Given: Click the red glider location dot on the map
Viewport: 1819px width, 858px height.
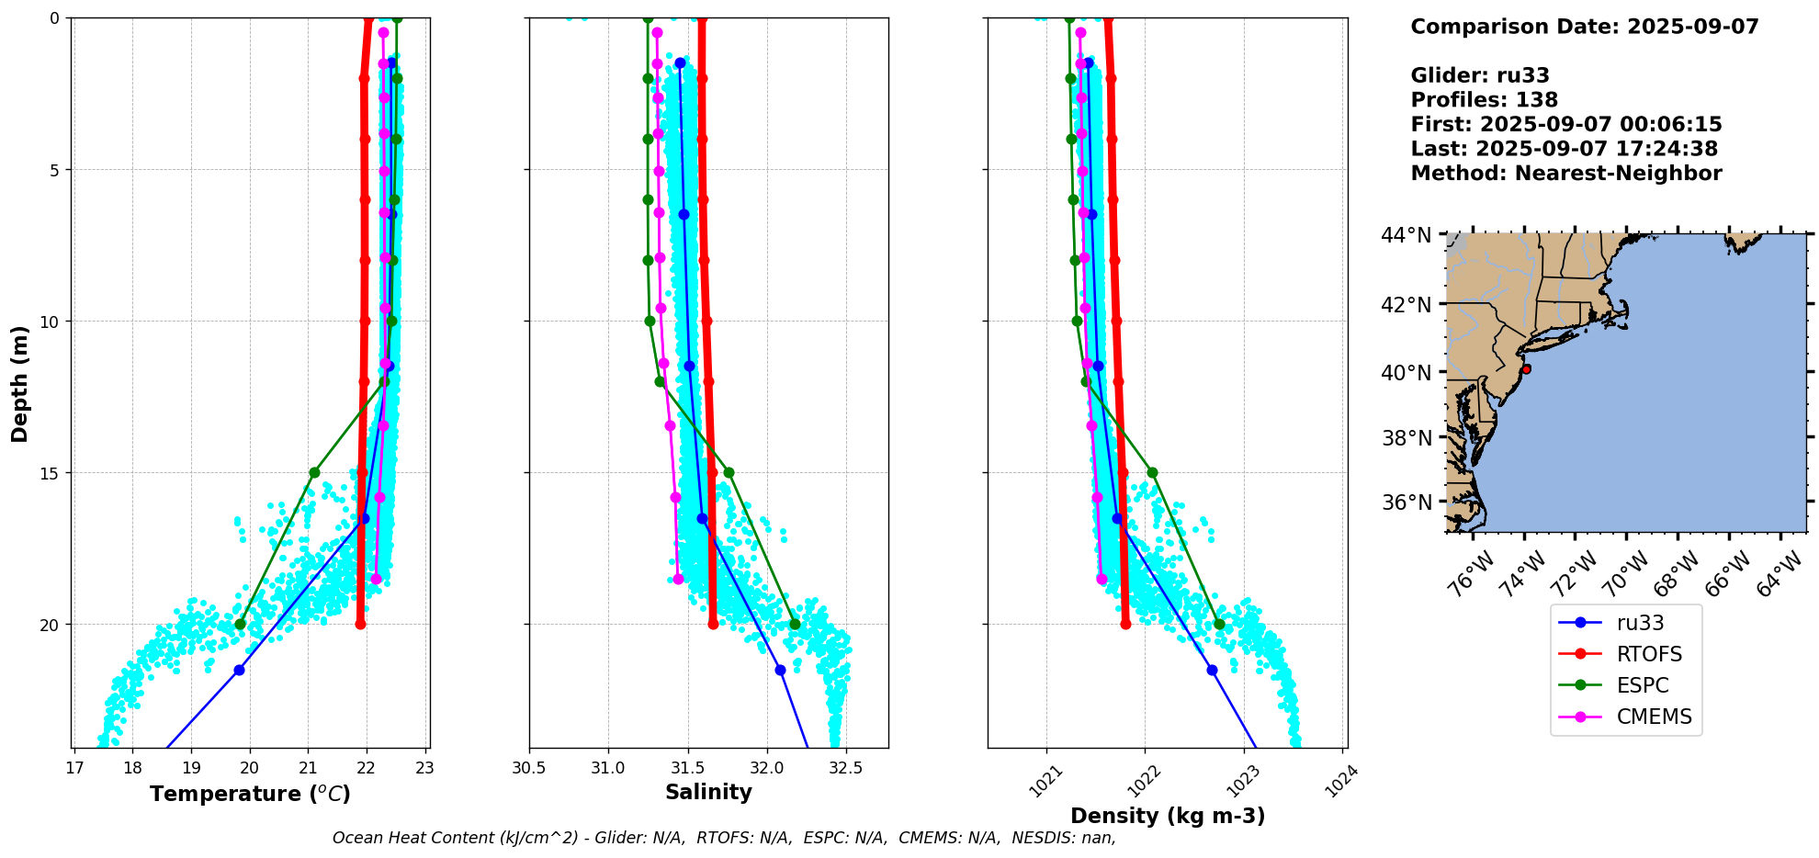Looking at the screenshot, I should pyautogui.click(x=1526, y=369).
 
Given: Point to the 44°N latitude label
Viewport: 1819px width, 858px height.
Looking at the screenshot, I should pyautogui.click(x=1407, y=236).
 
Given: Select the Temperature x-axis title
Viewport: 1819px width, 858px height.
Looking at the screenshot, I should pyautogui.click(x=250, y=794).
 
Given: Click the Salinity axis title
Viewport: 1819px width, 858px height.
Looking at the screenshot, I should pyautogui.click(x=708, y=792).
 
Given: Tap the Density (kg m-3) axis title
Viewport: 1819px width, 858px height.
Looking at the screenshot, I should pyautogui.click(x=1168, y=816).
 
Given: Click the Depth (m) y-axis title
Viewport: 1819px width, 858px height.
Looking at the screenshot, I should pyautogui.click(x=19, y=383).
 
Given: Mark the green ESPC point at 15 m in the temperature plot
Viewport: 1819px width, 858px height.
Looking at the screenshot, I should pyautogui.click(x=314, y=472).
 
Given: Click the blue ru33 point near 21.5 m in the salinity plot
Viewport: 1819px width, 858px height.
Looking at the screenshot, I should pyautogui.click(x=780, y=670).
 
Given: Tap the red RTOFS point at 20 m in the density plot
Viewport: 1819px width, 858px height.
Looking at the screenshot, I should pyautogui.click(x=1125, y=625).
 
